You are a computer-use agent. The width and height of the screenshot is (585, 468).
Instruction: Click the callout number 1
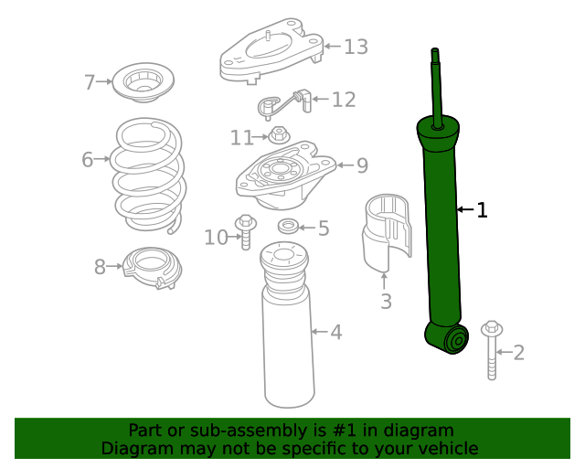pos(482,211)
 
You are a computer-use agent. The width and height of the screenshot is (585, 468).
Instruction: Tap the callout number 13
pos(356,47)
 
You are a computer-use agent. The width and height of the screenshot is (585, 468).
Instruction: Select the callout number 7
pos(90,83)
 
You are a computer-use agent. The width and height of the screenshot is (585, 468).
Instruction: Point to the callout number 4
pos(336,333)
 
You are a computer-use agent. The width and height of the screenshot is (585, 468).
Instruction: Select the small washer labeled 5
pos(286,227)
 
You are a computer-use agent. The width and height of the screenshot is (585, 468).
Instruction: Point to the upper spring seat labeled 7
pos(140,83)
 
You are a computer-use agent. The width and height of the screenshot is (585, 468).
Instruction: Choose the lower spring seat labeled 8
pos(152,269)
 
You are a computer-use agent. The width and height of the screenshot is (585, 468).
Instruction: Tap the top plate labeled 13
pos(271,55)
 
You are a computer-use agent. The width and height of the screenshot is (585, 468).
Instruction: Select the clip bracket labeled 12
pos(283,103)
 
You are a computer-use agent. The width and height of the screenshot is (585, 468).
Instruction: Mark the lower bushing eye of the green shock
pos(454,342)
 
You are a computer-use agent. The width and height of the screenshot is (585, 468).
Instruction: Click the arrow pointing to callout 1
pos(464,211)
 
